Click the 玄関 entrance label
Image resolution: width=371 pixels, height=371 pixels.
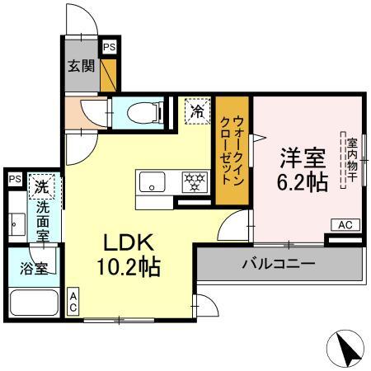81,67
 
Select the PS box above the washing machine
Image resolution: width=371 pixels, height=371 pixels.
14,179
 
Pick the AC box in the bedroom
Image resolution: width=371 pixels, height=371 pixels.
345,224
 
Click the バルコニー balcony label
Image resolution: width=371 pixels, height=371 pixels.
278,264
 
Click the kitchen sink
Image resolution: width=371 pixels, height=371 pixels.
152,181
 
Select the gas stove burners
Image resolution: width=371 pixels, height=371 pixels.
195,181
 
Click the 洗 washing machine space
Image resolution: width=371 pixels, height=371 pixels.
42,186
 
